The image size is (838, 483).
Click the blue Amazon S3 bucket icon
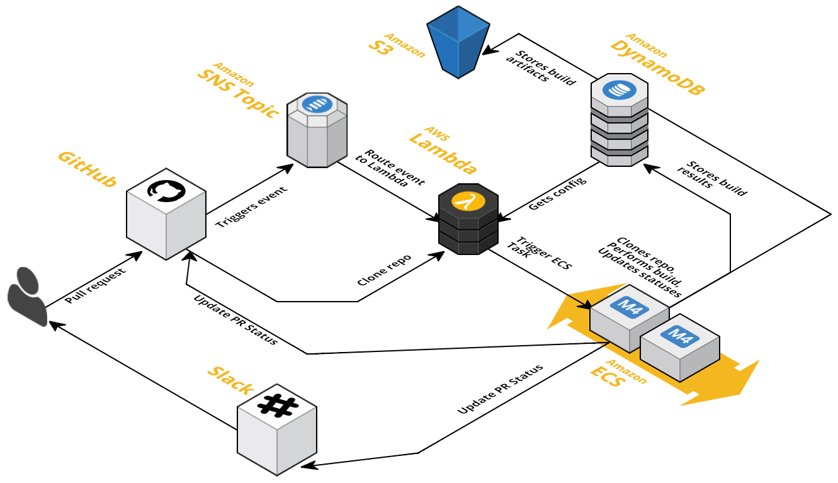(458, 42)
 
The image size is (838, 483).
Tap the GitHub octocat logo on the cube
(166, 191)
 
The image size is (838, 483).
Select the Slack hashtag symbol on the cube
(277, 406)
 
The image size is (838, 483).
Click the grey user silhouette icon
(27, 296)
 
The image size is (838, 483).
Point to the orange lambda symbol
(468, 202)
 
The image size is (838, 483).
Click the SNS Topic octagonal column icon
(317, 130)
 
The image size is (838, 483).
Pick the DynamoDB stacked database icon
(620, 120)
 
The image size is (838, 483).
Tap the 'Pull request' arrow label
(95, 286)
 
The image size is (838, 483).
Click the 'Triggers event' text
(251, 207)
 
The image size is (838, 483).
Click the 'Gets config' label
(557, 194)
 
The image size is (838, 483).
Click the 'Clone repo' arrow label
(384, 270)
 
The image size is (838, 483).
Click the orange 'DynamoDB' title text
(657, 67)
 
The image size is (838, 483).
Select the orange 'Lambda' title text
(443, 152)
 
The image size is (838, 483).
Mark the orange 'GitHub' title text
(87, 169)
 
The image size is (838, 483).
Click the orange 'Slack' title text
(230, 380)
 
